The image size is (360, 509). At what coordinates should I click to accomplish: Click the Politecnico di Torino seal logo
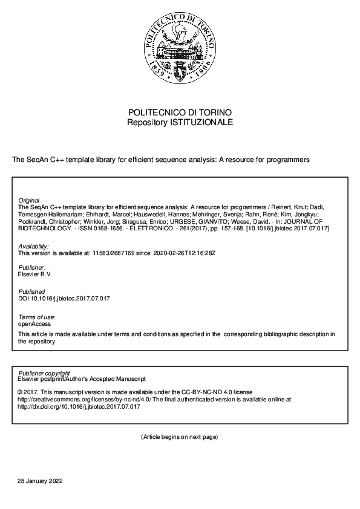click(179, 50)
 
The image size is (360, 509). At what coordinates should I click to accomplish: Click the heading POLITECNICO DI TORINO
click(180, 113)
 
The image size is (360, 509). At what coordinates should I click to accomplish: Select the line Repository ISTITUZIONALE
click(180, 122)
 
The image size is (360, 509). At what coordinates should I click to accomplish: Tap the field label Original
click(29, 200)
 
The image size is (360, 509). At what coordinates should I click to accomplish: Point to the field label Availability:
click(34, 247)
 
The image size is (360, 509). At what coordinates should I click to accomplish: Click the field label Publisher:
click(32, 267)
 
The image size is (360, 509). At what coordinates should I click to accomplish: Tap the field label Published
click(32, 292)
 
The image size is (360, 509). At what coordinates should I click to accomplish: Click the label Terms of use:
click(37, 317)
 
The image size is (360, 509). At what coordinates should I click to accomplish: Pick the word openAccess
click(34, 323)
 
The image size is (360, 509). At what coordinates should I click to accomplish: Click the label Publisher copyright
click(44, 373)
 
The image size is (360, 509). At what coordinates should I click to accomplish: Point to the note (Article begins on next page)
click(179, 436)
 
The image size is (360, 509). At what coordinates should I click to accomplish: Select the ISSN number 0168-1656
click(96, 228)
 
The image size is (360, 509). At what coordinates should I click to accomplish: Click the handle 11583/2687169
click(111, 253)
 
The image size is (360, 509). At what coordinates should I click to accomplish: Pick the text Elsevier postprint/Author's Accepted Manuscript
click(82, 379)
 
